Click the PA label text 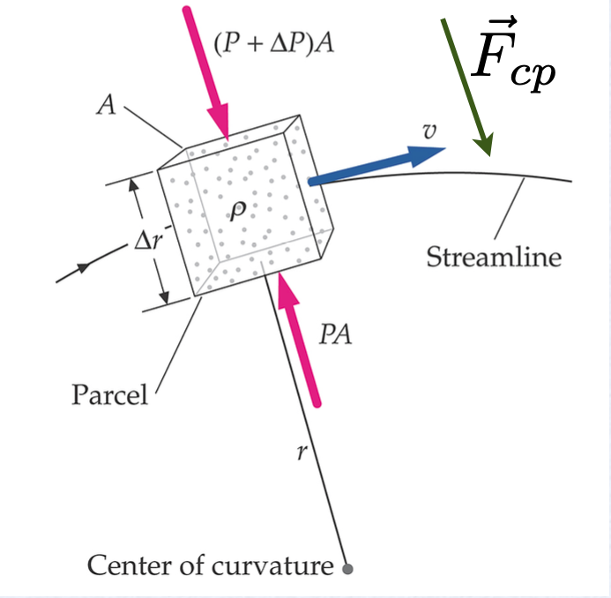coord(336,335)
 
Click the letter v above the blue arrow coord(429,131)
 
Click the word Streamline coord(494,258)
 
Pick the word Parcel coord(110,393)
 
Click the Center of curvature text coord(209,564)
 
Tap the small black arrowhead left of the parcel coord(86,266)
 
